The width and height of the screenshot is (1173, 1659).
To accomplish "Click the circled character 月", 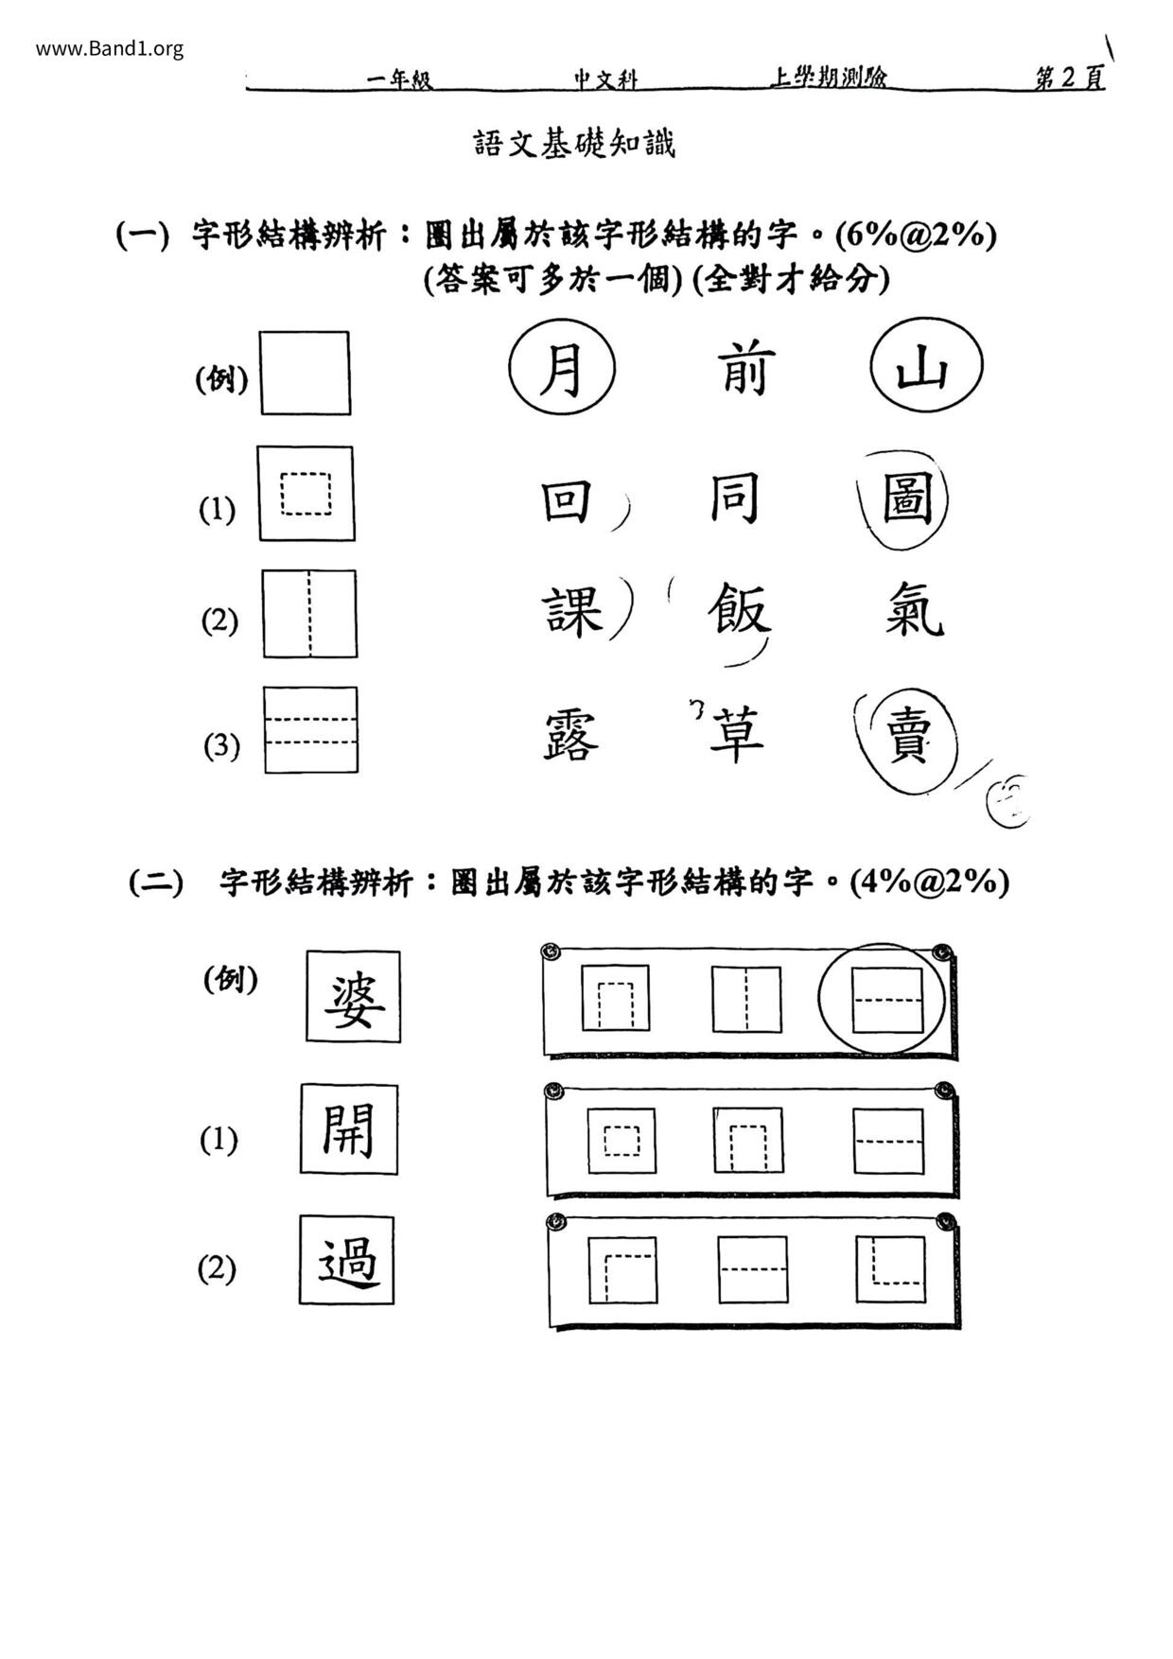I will coord(562,369).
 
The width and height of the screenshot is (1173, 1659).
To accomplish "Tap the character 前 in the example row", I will coord(747,369).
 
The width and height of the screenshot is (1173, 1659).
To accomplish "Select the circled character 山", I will coord(924,367).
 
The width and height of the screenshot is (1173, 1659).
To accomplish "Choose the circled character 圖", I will coord(906,499).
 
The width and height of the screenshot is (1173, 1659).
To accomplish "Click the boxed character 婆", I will coord(354,998).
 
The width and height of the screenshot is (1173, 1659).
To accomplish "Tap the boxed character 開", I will coord(349,1129).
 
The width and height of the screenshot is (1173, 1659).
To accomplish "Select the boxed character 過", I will coord(347,1261).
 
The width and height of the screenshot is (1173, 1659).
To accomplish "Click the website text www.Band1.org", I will coord(110,48).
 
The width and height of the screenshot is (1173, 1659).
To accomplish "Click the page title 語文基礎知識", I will coord(574,144).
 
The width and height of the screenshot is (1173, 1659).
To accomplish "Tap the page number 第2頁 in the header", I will coord(1070,79).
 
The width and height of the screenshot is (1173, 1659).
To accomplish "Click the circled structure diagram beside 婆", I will coord(886,1000).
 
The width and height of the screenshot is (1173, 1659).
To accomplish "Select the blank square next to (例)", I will coord(305,373).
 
